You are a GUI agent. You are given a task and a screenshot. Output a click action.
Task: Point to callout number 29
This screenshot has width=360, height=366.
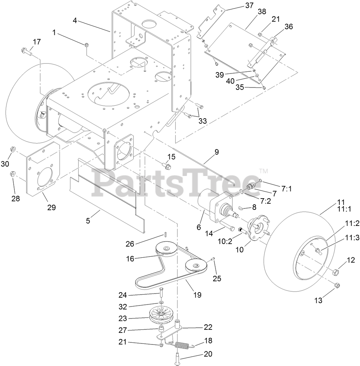coord(51,207)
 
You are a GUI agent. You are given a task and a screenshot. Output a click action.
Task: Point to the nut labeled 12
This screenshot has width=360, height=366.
coord(335,272)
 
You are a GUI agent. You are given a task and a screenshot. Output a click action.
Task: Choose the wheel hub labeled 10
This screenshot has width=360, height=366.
coord(255,230)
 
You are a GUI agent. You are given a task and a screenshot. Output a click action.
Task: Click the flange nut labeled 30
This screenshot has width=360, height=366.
coord(13,149)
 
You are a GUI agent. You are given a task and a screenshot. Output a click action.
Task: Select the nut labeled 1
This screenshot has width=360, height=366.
coord(87,44)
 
